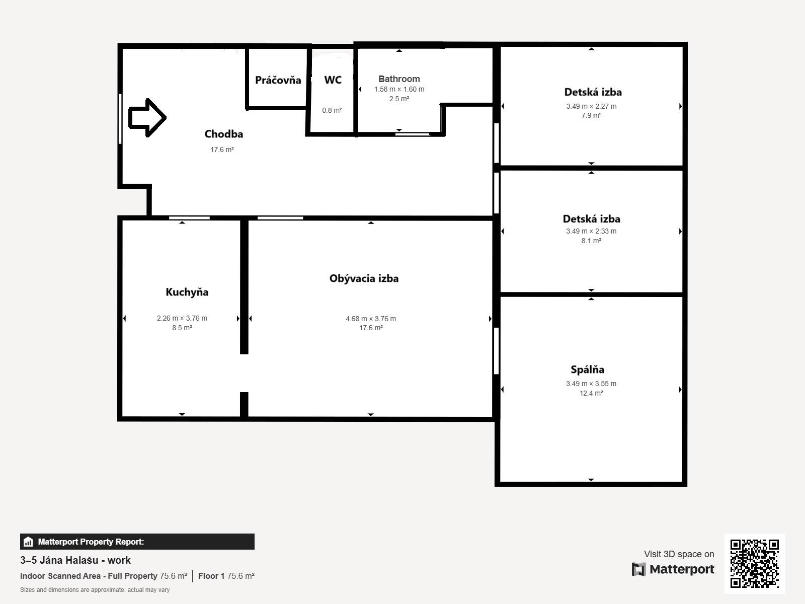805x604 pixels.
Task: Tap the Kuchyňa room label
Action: pos(187,292)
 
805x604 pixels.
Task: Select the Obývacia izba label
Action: pos(364,278)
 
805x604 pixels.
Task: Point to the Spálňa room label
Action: pos(587,369)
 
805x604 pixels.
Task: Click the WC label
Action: pos(333,80)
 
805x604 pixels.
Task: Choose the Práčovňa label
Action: pos(278,80)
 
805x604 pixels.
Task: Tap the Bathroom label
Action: pos(399,79)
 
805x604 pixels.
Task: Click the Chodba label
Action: pos(223,134)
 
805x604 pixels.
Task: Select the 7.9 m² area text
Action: pos(591,115)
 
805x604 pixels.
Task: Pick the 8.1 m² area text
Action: pos(591,241)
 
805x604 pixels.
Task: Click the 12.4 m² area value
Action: pos(591,393)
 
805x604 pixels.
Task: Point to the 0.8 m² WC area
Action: pos(332,110)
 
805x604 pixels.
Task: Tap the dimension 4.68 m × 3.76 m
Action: pos(371,319)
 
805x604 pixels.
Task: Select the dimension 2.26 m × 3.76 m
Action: pos(182,318)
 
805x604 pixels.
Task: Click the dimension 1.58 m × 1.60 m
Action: pos(399,89)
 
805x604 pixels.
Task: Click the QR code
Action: pos(754,563)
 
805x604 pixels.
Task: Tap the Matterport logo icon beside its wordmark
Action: pos(638,569)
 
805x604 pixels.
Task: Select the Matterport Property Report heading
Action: pos(91,542)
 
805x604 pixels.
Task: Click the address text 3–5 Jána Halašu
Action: pos(75,560)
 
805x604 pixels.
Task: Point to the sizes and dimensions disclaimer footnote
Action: pos(95,590)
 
